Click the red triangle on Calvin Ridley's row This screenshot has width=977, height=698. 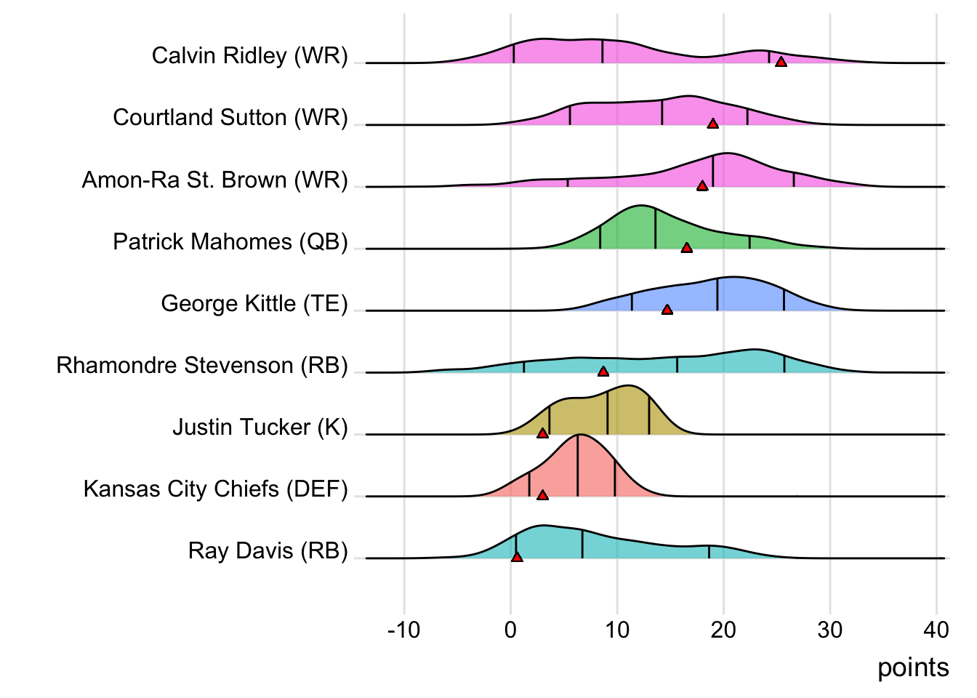pyautogui.click(x=781, y=63)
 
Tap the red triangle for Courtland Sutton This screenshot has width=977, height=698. pyautogui.click(x=713, y=124)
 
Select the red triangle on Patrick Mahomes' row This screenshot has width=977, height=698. pyautogui.click(x=686, y=248)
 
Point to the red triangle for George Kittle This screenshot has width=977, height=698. pyautogui.click(x=667, y=310)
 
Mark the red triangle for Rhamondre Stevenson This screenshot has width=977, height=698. pyautogui.click(x=603, y=372)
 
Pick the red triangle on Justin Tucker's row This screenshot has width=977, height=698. pyautogui.click(x=542, y=433)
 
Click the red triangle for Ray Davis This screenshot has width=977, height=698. pyautogui.click(x=517, y=557)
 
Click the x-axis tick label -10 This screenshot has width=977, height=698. pyautogui.click(x=404, y=630)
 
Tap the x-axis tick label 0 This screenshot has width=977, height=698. pyautogui.click(x=510, y=630)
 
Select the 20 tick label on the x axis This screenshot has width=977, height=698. pyautogui.click(x=723, y=630)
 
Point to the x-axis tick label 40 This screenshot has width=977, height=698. pyautogui.click(x=936, y=630)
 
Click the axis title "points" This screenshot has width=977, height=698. pyautogui.click(x=913, y=667)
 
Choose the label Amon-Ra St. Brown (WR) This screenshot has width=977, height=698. pyautogui.click(x=215, y=180)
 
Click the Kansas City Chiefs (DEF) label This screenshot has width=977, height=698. pyautogui.click(x=216, y=489)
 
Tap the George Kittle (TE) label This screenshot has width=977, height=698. pyautogui.click(x=254, y=303)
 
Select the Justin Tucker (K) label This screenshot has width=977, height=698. pyautogui.click(x=260, y=427)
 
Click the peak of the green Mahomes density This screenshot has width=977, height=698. pyautogui.click(x=640, y=206)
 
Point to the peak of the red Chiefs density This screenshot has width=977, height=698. pyautogui.click(x=579, y=435)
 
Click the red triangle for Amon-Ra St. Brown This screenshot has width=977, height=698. pyautogui.click(x=702, y=186)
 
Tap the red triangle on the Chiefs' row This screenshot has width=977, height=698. pyautogui.click(x=542, y=495)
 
